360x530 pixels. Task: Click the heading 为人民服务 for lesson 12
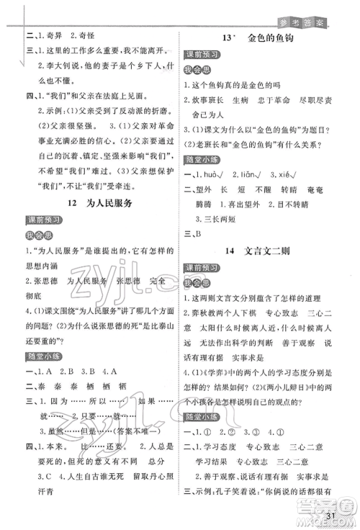pyautogui.click(x=106, y=204)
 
